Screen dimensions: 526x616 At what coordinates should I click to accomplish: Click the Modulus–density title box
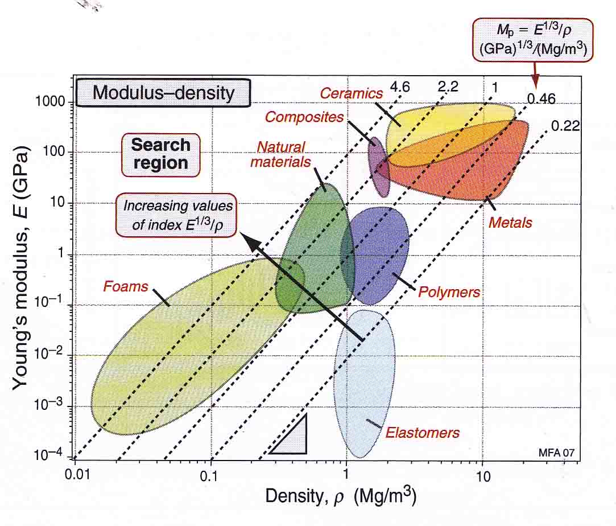pos(163,92)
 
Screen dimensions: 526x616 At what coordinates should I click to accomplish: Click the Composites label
pos(305,117)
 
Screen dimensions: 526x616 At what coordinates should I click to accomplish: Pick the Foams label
pos(125,286)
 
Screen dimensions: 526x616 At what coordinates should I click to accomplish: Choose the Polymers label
pos(449,293)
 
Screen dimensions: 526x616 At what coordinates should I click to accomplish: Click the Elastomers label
pos(422,433)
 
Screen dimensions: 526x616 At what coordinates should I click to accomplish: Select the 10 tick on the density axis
pos(482,476)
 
